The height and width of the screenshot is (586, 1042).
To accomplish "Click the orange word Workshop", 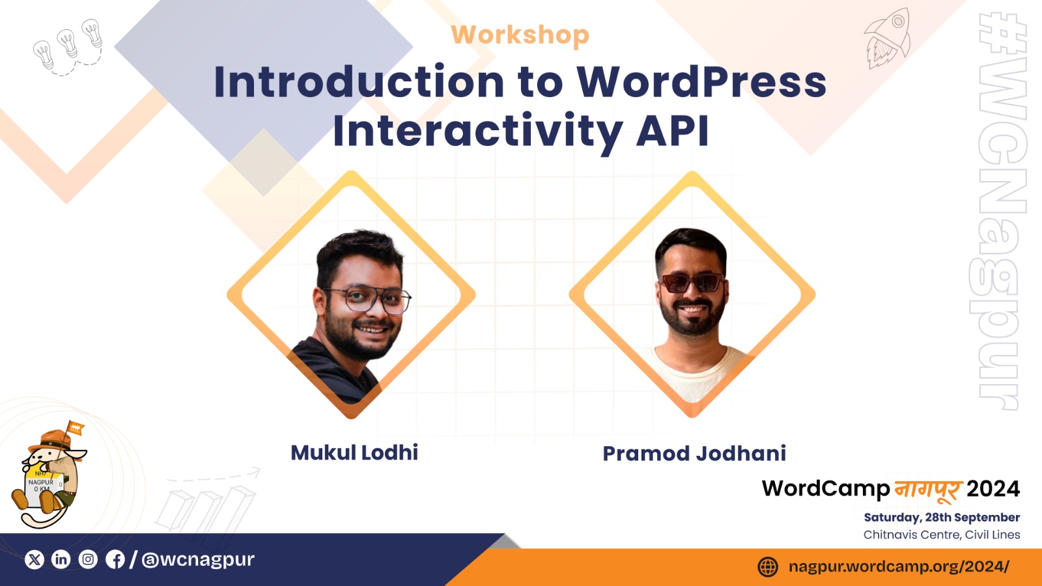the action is pyautogui.click(x=520, y=35).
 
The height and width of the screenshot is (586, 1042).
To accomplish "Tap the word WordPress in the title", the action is pyautogui.click(x=701, y=82).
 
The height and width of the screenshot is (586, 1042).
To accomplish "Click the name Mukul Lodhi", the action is pyautogui.click(x=354, y=453).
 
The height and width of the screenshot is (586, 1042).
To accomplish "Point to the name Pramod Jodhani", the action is pyautogui.click(x=694, y=453).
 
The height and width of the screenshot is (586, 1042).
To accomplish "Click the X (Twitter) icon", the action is pyautogui.click(x=35, y=559).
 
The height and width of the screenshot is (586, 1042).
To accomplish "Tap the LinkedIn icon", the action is pyautogui.click(x=61, y=559).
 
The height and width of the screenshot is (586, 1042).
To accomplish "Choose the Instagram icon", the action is pyautogui.click(x=88, y=559).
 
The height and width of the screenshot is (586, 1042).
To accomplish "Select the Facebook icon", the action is pyautogui.click(x=115, y=559).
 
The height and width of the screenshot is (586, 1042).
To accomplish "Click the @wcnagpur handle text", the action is pyautogui.click(x=198, y=559).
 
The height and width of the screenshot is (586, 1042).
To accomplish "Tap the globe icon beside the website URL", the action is pyautogui.click(x=768, y=567).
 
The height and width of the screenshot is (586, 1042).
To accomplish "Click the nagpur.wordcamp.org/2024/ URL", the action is pyautogui.click(x=899, y=566).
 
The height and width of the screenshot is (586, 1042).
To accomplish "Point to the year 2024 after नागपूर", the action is pyautogui.click(x=993, y=489).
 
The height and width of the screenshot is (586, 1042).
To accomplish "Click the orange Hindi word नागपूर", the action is pyautogui.click(x=928, y=490).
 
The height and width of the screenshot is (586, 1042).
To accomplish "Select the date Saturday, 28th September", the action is pyautogui.click(x=942, y=518).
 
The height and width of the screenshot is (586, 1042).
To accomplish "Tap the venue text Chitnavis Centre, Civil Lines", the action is pyautogui.click(x=942, y=535).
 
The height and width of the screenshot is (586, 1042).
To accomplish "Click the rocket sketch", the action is pyautogui.click(x=887, y=38).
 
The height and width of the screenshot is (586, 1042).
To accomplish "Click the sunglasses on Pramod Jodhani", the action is pyautogui.click(x=692, y=283).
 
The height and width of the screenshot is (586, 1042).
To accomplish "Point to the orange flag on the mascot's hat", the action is pyautogui.click(x=75, y=428).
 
